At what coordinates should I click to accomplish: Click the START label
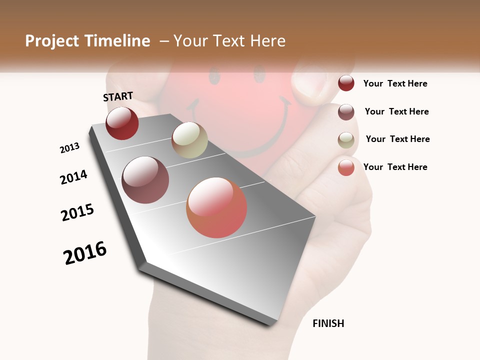tap(118, 96)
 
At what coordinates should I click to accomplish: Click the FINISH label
tap(328, 323)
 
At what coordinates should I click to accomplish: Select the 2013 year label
tap(69, 148)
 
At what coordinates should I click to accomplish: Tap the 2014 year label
tap(73, 177)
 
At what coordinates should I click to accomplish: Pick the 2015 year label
tap(77, 212)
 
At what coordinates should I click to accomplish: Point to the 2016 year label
tap(85, 253)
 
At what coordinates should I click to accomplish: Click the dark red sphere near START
tap(122, 123)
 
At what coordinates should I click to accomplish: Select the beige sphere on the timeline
tap(189, 140)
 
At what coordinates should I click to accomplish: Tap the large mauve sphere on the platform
tap(145, 180)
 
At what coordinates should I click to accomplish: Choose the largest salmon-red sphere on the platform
tap(216, 207)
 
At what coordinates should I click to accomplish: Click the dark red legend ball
tap(346, 83)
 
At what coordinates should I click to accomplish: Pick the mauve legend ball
tap(346, 112)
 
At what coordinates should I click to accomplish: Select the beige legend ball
tap(346, 140)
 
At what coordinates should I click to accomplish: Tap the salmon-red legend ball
tap(346, 167)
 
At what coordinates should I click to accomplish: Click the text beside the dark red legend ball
tap(395, 83)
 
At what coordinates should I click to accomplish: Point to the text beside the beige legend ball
tap(397, 139)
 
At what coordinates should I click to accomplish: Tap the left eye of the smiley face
tap(214, 76)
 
